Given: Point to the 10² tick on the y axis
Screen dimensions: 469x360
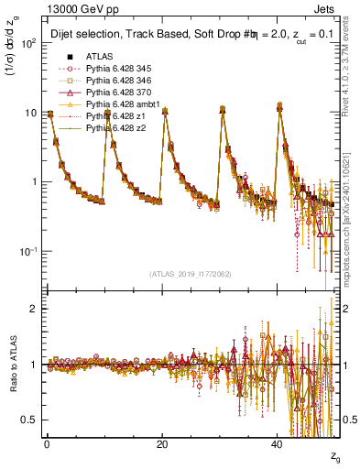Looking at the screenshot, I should pos(29,43).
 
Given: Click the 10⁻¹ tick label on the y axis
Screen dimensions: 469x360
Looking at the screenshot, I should pos(28,251).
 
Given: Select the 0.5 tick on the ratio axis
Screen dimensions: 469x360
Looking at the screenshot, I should pos(29,420).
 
